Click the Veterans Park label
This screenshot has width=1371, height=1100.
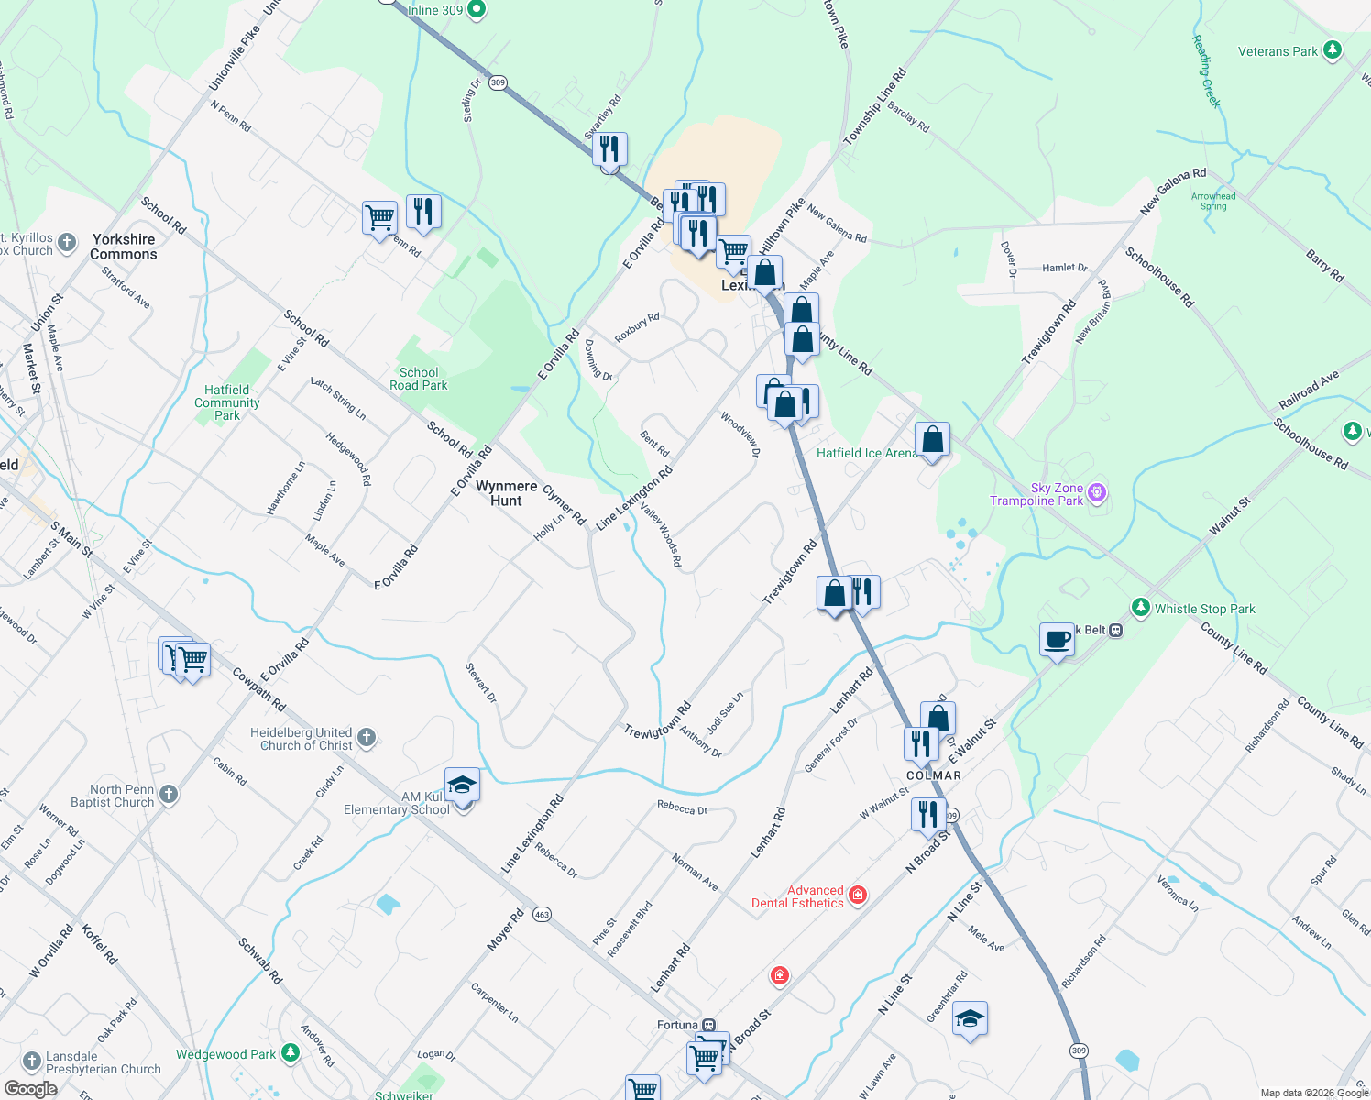[x=1278, y=51]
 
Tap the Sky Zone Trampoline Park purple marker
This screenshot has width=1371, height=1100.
[x=1097, y=494]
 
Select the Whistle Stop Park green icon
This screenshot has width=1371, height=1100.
[x=1140, y=607]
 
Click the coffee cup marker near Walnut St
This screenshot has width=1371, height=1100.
[x=1057, y=639]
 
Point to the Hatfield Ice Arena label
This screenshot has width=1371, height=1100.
[x=865, y=453]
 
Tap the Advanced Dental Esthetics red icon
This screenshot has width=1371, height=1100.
[x=858, y=895]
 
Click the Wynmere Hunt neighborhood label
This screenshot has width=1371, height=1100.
[x=506, y=493]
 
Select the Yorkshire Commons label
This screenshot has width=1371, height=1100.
[x=124, y=247]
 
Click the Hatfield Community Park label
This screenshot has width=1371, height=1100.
[x=226, y=402]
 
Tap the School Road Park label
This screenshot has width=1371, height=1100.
[x=419, y=379]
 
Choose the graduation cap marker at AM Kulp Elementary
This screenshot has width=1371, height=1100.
[x=463, y=786]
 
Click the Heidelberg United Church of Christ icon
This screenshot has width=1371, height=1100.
[x=366, y=737]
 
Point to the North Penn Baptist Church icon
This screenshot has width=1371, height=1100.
[x=168, y=794]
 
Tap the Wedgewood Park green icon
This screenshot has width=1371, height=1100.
[x=291, y=1053]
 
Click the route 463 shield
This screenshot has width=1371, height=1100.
[x=543, y=914]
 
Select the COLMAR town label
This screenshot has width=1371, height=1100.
[x=934, y=775]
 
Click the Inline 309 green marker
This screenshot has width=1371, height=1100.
[x=476, y=10]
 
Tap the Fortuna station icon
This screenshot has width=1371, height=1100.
[x=708, y=1025]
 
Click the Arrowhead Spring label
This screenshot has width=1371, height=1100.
[x=1213, y=201]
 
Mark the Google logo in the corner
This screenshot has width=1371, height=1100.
[x=30, y=1089]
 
